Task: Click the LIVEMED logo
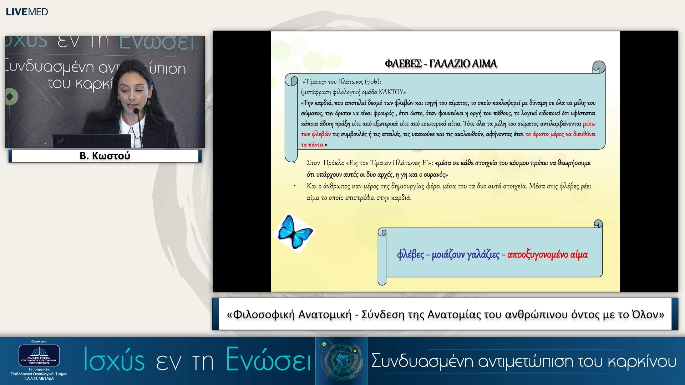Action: click(x=27, y=12)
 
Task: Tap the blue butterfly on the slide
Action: click(x=294, y=232)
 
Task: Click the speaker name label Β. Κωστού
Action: click(x=105, y=156)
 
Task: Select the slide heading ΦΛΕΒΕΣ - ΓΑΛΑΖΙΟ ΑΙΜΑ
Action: click(x=441, y=64)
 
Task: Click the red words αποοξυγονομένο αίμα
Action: click(x=547, y=255)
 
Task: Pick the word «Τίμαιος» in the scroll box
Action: click(x=314, y=82)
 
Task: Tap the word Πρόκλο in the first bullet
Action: click(x=334, y=163)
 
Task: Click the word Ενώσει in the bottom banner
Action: click(x=268, y=360)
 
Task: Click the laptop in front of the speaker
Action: click(x=92, y=140)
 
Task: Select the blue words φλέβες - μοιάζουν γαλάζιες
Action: click(x=448, y=255)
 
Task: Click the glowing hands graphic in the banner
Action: click(x=342, y=360)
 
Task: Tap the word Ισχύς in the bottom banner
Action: click(x=114, y=360)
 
